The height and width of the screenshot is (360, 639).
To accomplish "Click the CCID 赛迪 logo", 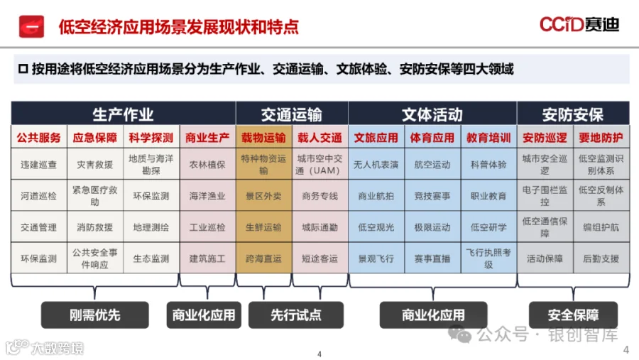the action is (x=579, y=25).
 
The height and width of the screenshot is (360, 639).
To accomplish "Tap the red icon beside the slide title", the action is (x=31, y=26).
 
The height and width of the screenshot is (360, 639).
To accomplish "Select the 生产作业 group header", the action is (x=123, y=114).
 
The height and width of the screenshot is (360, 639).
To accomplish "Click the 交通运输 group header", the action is (x=291, y=114).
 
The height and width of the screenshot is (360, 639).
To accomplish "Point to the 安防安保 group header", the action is (x=572, y=114).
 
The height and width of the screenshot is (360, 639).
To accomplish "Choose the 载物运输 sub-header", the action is (x=263, y=138).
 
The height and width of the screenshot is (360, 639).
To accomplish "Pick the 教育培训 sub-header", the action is (x=488, y=138).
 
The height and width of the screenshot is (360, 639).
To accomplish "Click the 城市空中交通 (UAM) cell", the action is (x=319, y=165).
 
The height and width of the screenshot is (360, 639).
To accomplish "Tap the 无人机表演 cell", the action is (x=376, y=165).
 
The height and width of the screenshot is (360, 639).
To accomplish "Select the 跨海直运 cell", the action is (x=263, y=259).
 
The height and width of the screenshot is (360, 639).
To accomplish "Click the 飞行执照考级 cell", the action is (x=488, y=259).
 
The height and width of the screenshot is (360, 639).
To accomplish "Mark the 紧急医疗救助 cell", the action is (x=95, y=197).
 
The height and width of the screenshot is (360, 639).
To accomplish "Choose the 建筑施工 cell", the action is (x=207, y=259).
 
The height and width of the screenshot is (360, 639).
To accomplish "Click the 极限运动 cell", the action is (x=432, y=228).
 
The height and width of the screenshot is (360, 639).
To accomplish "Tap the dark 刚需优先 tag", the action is (x=95, y=315).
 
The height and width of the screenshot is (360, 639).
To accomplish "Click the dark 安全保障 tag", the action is (x=573, y=315).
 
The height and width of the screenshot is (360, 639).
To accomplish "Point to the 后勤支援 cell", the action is (x=601, y=259).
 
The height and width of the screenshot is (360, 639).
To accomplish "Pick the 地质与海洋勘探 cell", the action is (x=151, y=165).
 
